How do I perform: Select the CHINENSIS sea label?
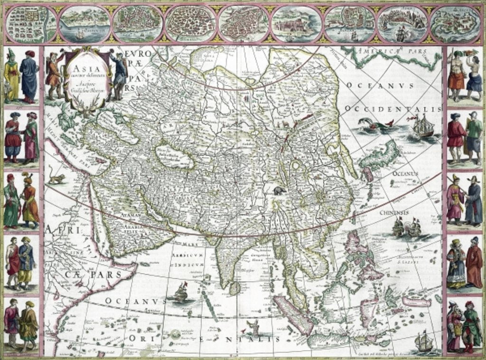(393, 212)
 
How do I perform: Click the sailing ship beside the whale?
(422, 126)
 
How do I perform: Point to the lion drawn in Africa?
(56, 179)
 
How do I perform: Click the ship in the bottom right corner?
(423, 341)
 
